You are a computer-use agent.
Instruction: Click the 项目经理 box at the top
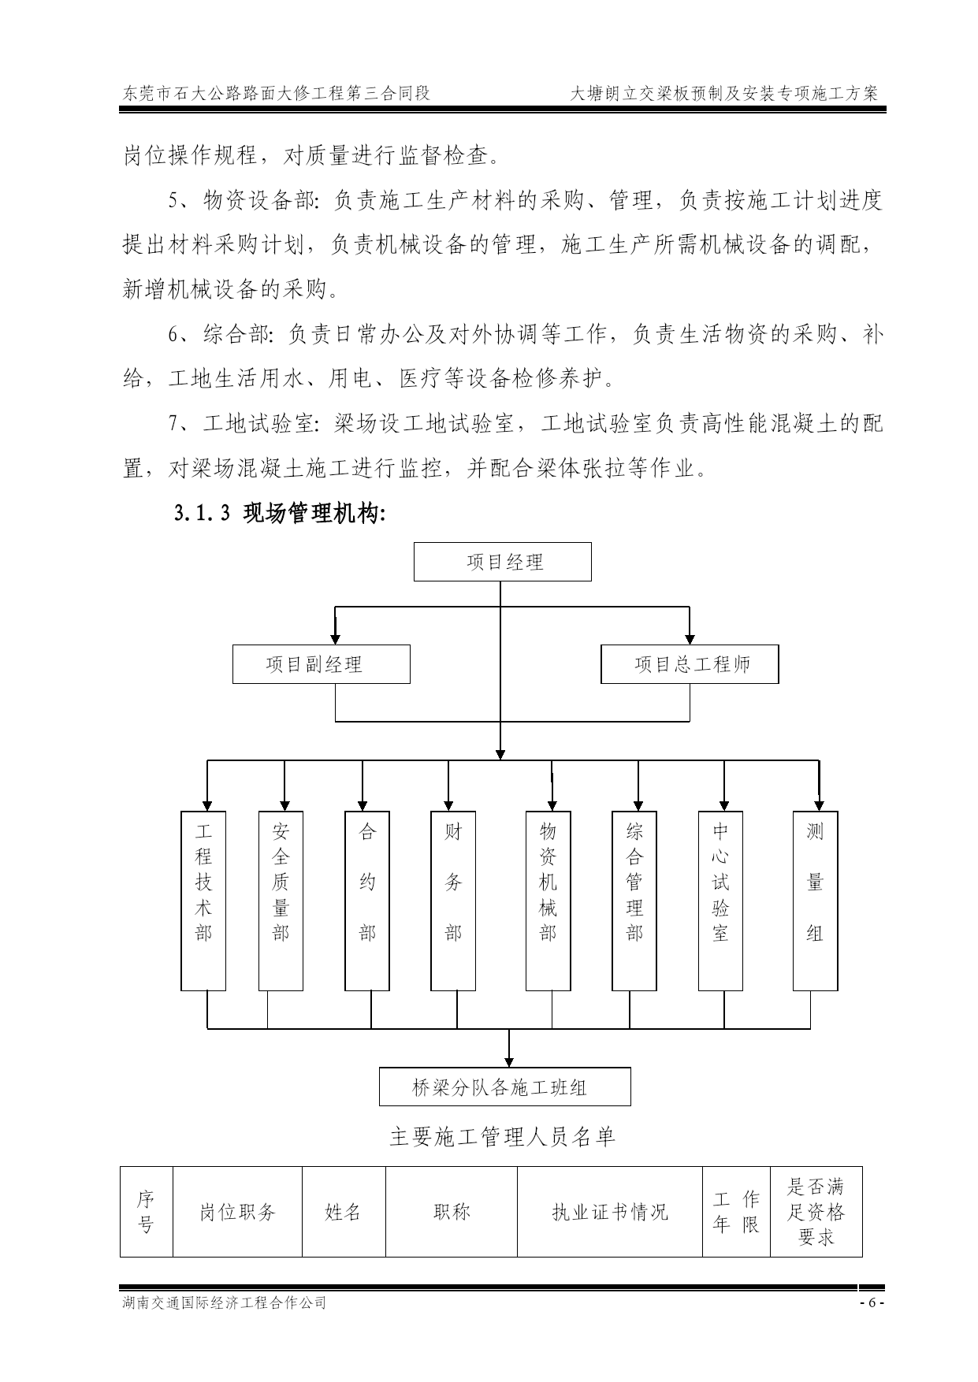point(503,562)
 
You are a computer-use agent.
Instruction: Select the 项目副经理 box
point(322,664)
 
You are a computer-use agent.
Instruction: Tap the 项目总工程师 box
point(690,664)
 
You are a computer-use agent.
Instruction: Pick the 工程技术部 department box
point(203,901)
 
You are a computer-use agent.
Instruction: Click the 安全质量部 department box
point(281,901)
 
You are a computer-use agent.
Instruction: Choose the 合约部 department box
point(367,901)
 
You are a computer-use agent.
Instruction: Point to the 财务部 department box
point(453,901)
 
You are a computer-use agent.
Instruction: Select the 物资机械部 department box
point(548,901)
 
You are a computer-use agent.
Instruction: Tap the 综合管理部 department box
point(634,901)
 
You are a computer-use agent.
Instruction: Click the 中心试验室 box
point(720,901)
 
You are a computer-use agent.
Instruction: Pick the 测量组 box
point(815,901)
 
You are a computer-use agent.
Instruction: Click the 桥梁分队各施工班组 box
point(505,1087)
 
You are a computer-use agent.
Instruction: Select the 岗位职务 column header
point(237,1212)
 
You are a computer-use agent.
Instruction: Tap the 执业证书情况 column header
point(610,1212)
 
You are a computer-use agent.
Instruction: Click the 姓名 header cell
point(344,1212)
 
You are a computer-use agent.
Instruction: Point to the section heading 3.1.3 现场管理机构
point(280,515)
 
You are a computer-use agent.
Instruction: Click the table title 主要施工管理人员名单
point(502,1137)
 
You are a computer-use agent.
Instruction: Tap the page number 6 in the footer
point(872,1302)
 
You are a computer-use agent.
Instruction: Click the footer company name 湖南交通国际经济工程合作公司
point(224,1302)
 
